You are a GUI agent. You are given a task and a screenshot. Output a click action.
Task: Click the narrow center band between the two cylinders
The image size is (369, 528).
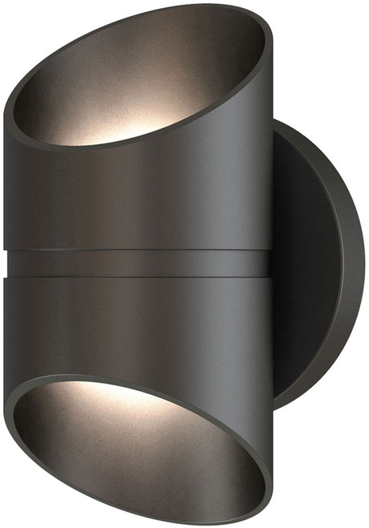pos(144,262)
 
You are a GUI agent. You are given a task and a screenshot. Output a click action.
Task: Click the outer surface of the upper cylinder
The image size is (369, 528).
pos(144,192)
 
